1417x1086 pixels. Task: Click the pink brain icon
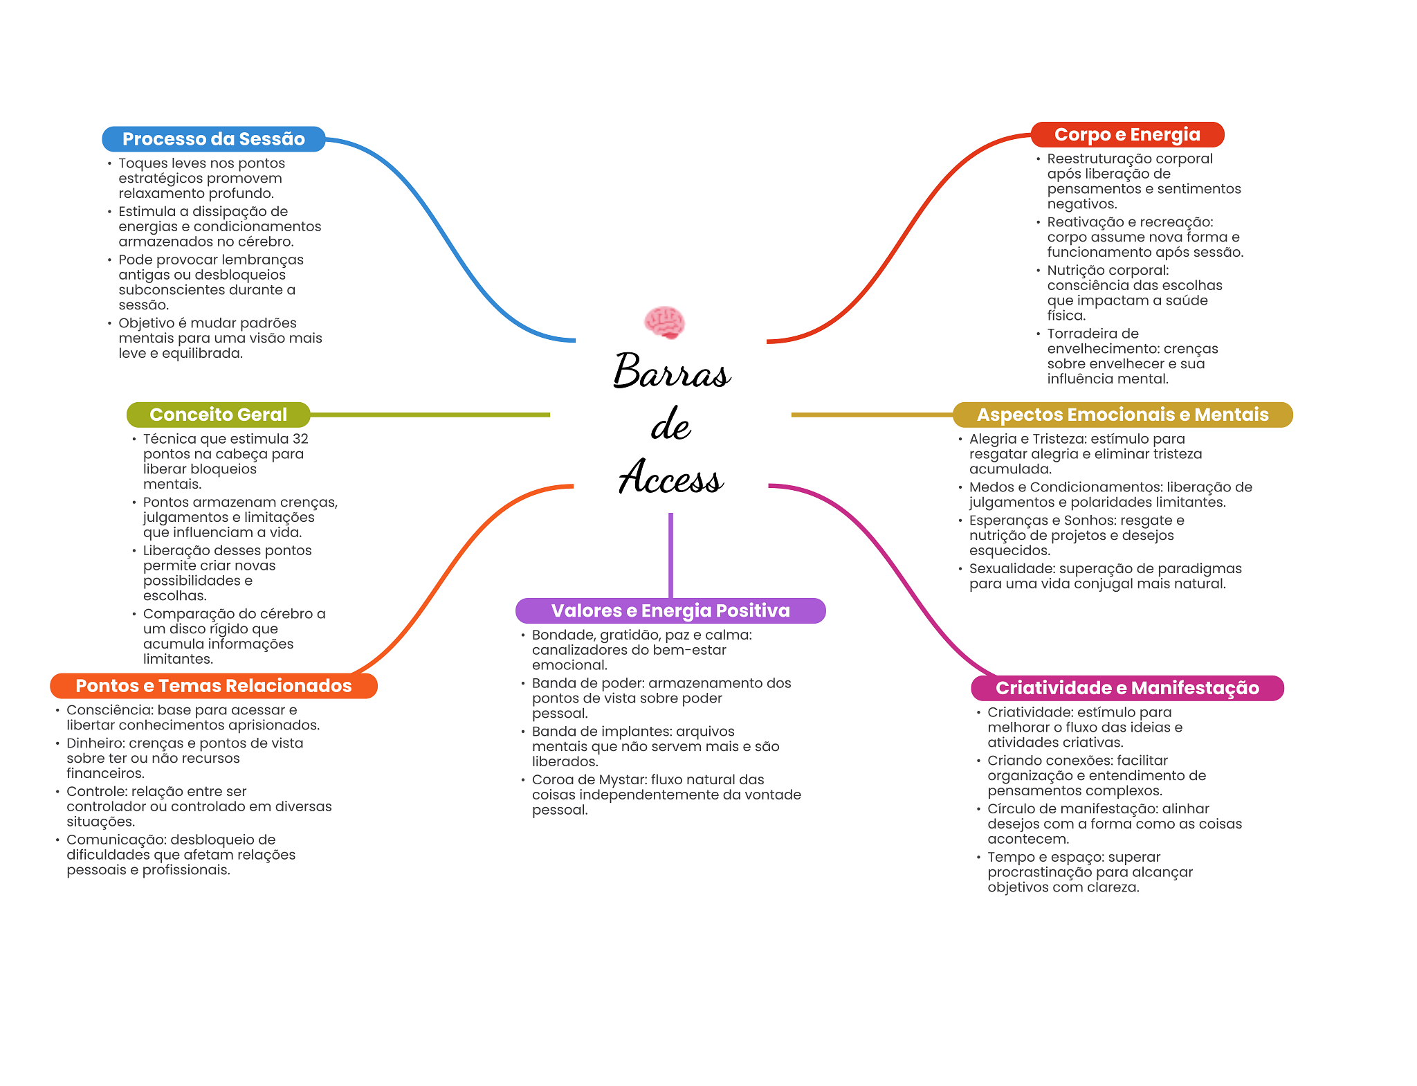click(664, 323)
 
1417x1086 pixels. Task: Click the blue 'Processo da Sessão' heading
click(214, 139)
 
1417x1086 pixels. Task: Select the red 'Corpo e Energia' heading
click(1127, 134)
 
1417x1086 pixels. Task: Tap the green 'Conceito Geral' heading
click(218, 415)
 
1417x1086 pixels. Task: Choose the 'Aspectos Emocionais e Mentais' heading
click(1122, 415)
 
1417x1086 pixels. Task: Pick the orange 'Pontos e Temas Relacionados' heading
click(214, 686)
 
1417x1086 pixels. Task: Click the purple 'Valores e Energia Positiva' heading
click(670, 610)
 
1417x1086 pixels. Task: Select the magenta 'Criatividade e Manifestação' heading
click(1127, 688)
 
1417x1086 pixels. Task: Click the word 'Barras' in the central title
click(671, 371)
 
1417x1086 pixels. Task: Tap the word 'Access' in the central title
click(671, 477)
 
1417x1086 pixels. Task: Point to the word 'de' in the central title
click(670, 424)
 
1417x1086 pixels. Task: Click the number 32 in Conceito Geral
click(300, 439)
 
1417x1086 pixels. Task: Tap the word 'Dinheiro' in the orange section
click(95, 743)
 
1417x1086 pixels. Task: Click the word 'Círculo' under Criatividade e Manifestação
click(1012, 809)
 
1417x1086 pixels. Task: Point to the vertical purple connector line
click(670, 555)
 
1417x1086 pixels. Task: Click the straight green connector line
click(430, 415)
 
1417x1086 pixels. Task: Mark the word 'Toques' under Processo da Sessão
click(141, 164)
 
